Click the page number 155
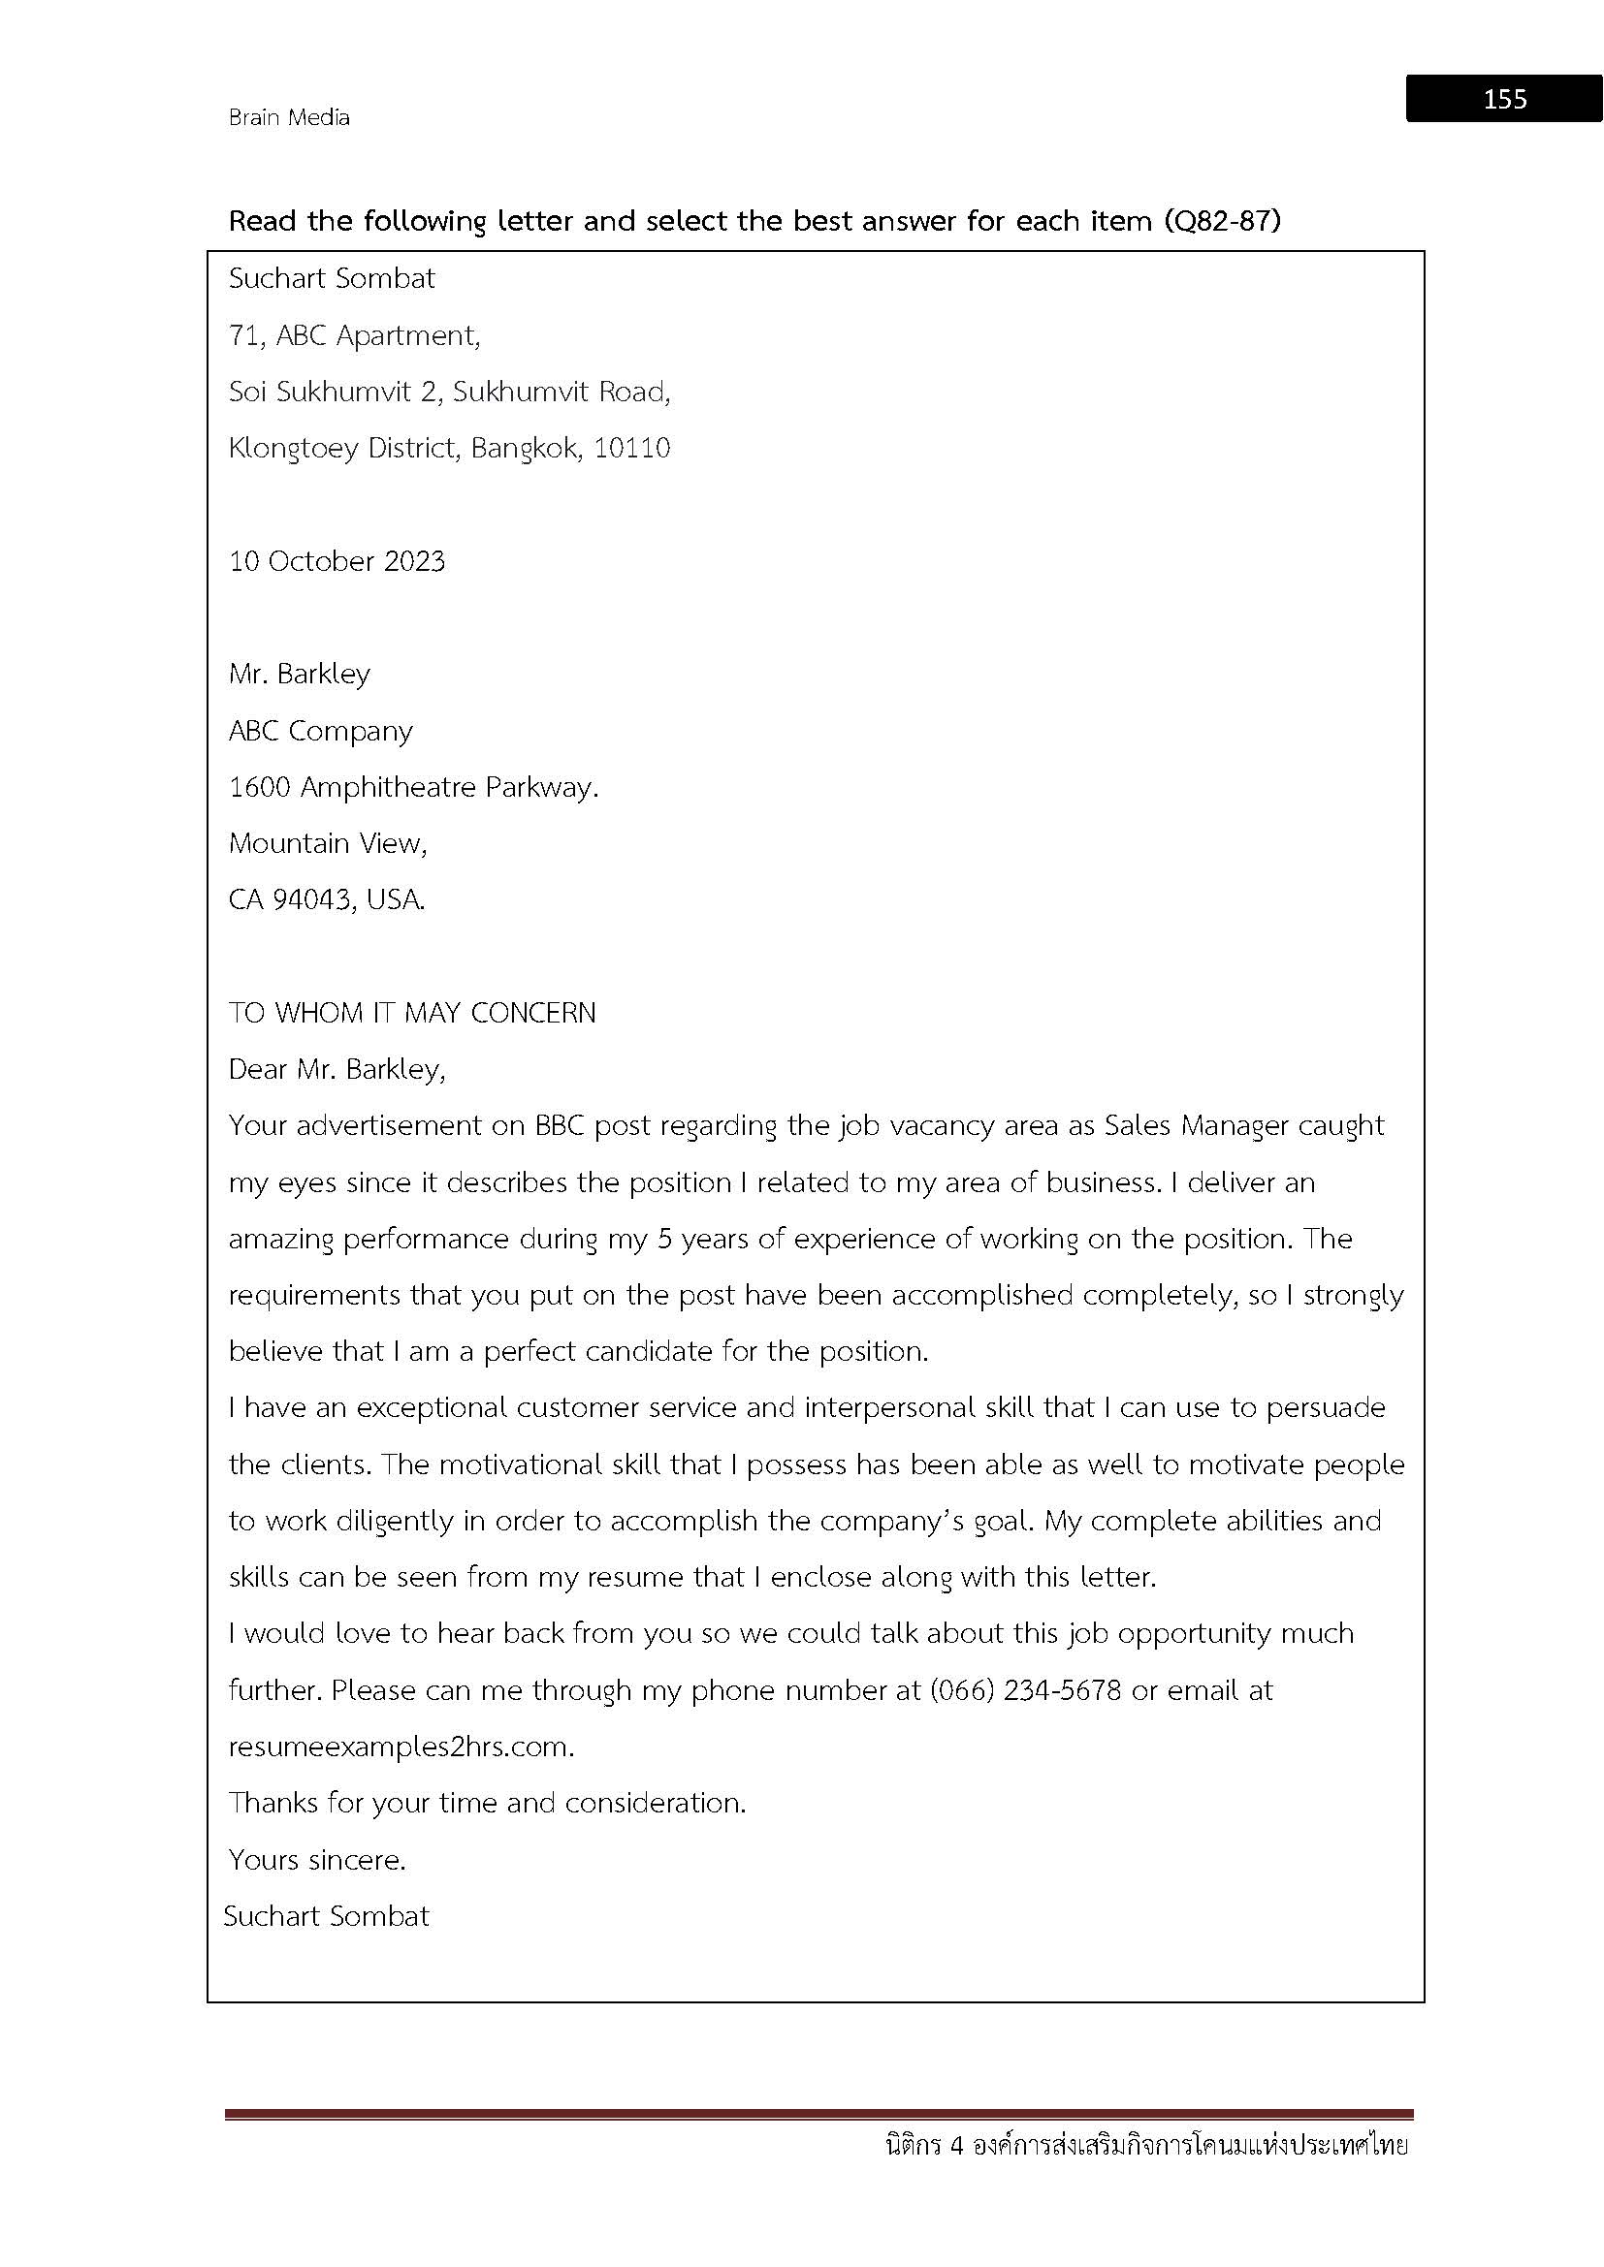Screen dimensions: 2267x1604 (x=1504, y=99)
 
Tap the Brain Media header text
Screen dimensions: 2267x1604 (x=288, y=117)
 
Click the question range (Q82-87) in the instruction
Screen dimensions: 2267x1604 (x=1221, y=220)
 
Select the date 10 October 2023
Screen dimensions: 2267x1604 (x=337, y=561)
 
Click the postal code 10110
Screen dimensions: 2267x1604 (x=632, y=449)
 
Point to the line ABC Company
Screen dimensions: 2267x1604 (x=320, y=731)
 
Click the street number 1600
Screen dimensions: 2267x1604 (x=260, y=787)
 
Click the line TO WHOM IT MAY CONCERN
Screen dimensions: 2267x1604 (x=412, y=1013)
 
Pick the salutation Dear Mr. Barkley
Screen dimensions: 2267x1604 (x=337, y=1069)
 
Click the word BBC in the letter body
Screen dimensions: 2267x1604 (x=560, y=1125)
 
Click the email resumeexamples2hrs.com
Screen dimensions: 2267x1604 (x=400, y=1747)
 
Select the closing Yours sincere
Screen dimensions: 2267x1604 (x=317, y=1860)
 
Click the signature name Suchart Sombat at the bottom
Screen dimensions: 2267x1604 (x=326, y=1916)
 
